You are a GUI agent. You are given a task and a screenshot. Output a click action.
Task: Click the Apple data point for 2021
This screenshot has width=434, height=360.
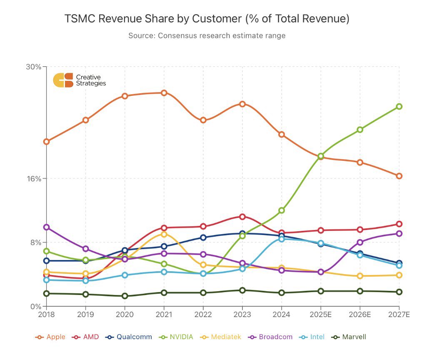164,92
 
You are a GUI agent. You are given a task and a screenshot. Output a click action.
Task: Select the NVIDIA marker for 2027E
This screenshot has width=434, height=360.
399,106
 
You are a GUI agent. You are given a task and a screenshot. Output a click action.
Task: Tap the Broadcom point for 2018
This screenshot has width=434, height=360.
47,227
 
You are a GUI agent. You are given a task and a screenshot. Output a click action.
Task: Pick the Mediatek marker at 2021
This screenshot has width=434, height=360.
164,234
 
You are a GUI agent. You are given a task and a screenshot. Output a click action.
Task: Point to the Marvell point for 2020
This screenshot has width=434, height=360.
125,296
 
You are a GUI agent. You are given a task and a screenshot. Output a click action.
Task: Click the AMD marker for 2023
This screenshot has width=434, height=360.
242,216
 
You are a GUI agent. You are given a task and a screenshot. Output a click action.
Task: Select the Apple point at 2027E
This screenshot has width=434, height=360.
399,176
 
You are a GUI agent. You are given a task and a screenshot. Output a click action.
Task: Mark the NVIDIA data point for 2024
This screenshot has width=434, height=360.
282,210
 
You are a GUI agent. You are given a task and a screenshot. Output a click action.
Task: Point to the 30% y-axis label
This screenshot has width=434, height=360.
34,67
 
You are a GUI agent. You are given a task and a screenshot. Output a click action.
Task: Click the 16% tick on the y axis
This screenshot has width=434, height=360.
34,178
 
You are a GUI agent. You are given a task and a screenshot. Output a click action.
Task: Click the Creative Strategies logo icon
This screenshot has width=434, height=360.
63,80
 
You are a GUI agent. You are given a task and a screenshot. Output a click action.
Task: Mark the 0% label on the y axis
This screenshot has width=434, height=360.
36,306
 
